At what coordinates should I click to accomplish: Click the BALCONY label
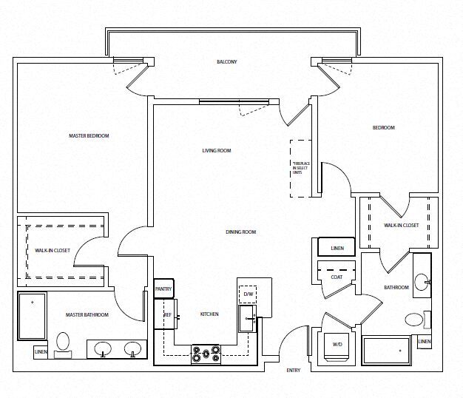coord(227,61)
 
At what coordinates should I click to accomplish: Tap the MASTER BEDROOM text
coord(89,135)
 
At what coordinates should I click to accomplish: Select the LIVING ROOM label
coord(217,150)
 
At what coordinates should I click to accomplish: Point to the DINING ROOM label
coord(240,232)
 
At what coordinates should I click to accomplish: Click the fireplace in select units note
coord(300,168)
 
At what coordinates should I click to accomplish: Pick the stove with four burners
coord(206,354)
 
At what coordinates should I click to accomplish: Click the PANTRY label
coord(163,289)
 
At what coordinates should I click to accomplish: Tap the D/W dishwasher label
coord(249,294)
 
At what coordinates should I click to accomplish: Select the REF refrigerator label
coord(167,314)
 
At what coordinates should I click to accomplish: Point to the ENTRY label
coord(293,370)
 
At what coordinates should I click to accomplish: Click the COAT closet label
coord(337,277)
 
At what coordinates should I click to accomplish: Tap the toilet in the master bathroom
coord(64,342)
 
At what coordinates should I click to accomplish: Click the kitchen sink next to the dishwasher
coord(246,319)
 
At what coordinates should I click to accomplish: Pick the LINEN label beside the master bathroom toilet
coord(41,351)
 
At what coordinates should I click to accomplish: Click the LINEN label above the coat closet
coord(337,248)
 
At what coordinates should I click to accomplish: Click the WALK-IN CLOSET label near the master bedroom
coord(53,250)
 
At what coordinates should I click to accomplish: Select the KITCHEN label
coord(209,314)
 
